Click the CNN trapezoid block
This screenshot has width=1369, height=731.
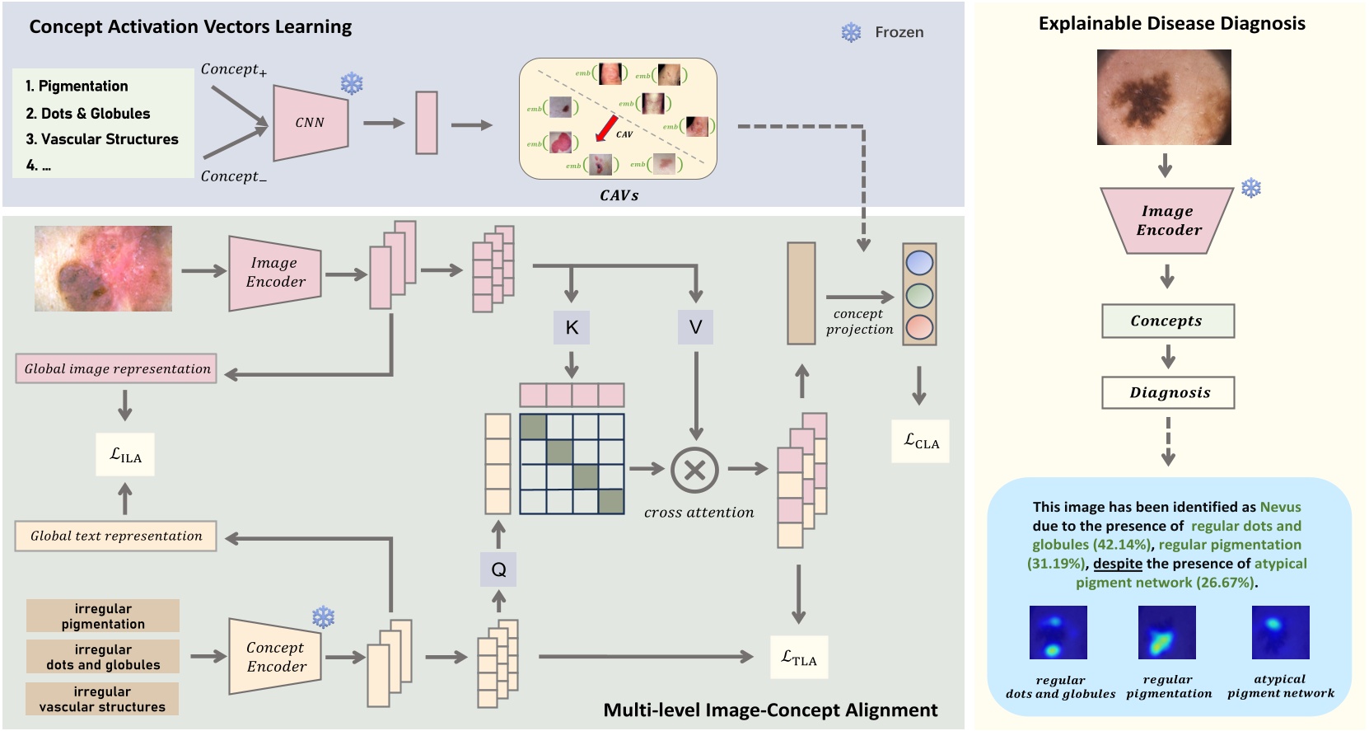(x=310, y=122)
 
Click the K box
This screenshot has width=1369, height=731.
(x=572, y=327)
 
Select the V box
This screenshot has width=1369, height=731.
(x=695, y=327)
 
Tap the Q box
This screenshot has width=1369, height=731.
(x=498, y=569)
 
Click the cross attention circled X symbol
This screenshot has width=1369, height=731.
(x=694, y=470)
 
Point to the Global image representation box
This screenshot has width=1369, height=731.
(x=116, y=368)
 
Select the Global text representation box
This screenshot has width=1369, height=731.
(x=116, y=536)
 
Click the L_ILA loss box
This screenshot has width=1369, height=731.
(x=125, y=455)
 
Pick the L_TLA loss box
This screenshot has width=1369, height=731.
(x=798, y=657)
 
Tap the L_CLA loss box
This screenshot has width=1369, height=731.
(x=920, y=441)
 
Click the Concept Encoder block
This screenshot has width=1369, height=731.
(x=275, y=657)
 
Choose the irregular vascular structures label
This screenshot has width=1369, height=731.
(x=102, y=699)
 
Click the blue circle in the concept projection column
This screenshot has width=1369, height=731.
(x=919, y=263)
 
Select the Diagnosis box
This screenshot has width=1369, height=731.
(x=1168, y=392)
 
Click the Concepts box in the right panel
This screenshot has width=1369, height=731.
(x=1167, y=321)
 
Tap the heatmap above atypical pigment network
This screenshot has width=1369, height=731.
(x=1280, y=632)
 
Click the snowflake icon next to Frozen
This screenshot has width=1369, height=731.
(x=851, y=32)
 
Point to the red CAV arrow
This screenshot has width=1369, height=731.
(x=606, y=129)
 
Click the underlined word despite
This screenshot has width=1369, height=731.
(x=1117, y=564)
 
